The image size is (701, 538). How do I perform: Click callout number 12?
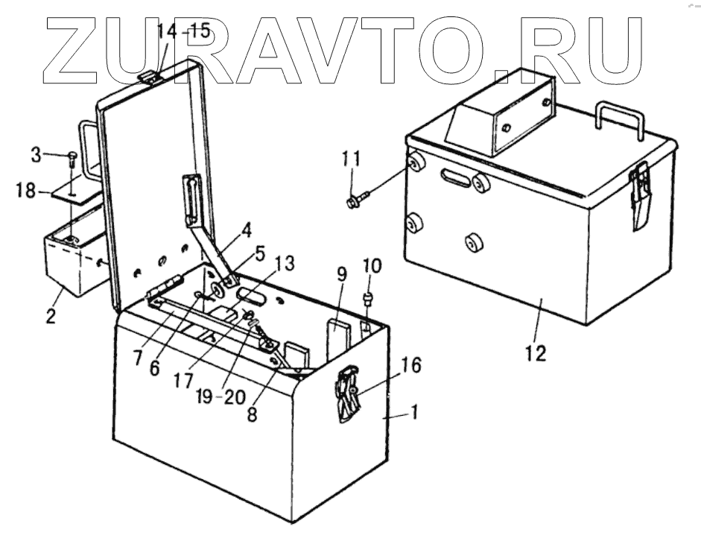point(536,352)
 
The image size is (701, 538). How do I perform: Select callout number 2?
point(50,315)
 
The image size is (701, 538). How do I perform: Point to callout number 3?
point(36,156)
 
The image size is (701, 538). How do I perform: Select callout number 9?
point(342,274)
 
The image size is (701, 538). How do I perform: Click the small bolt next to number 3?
point(72,157)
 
